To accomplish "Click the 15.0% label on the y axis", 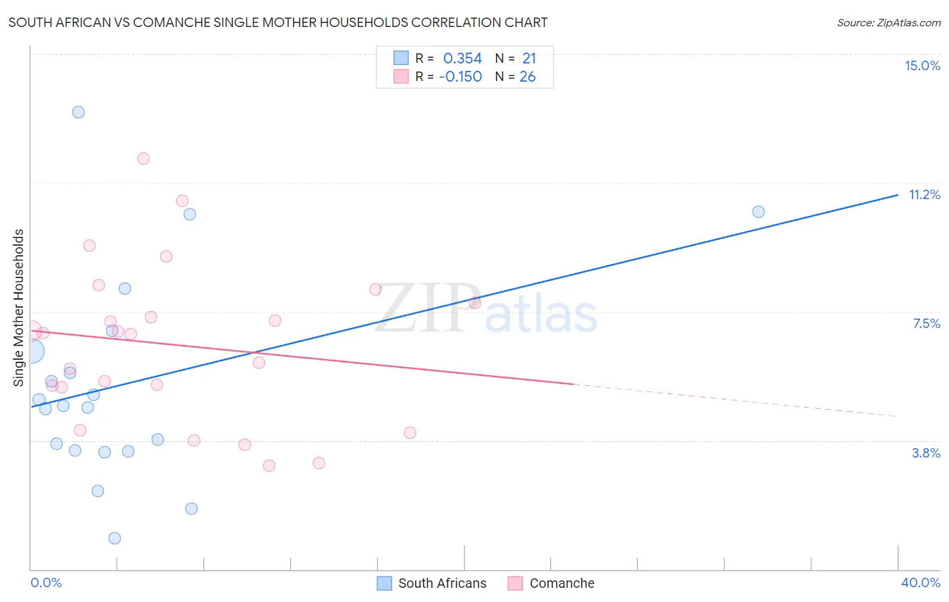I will point(922,65).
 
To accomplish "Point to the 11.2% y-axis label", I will point(924,194).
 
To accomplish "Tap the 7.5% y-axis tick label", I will point(926,323).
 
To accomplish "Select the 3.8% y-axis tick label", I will point(926,453).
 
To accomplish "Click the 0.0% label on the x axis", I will point(46,582).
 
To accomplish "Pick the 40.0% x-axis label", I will point(920,582).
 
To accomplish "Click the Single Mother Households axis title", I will point(18,308).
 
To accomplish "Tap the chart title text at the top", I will point(277,22).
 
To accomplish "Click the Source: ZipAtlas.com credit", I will point(888,22).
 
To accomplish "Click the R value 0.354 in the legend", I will point(462,59).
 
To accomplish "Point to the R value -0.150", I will point(460,77).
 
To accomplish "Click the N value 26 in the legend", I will point(527,77).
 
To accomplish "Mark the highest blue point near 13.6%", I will point(78,112).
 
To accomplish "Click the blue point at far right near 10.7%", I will point(758,212).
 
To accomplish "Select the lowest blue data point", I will point(115,538).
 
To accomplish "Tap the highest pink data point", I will point(143,159).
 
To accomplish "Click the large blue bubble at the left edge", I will point(31,351).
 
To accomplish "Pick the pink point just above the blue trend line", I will point(474,302).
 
